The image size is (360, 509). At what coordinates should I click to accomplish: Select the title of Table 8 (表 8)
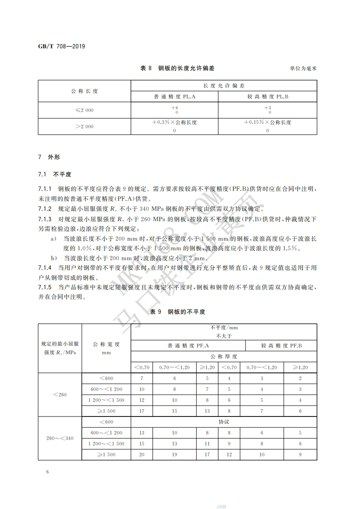pos(178,68)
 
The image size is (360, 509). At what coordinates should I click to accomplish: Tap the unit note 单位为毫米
pos(303,69)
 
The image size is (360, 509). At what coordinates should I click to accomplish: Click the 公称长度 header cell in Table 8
pos(84,91)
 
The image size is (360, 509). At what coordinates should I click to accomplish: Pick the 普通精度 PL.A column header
pos(175,97)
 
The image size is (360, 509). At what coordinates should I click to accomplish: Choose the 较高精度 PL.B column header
pos(267,97)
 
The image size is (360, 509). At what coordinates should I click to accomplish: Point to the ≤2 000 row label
pos(84,110)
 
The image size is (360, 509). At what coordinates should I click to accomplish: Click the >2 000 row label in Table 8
pos(84,127)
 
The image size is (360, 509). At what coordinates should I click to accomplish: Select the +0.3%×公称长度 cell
pos(175,122)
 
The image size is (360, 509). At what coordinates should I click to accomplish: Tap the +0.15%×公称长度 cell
pos(267,122)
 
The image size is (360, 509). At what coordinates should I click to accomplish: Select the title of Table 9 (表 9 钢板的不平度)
pos(178,312)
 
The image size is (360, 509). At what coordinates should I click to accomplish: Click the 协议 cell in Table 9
pos(224,421)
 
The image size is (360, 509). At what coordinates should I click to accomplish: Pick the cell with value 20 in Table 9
pos(142,454)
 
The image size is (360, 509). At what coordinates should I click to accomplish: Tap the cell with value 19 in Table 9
pos(174,454)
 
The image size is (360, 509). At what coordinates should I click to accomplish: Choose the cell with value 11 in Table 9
pos(207,443)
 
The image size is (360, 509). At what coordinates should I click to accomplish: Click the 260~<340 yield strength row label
pos(60,438)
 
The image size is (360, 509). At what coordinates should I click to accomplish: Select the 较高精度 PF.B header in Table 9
pos(281,346)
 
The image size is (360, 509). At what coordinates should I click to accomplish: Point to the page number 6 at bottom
pos(47,472)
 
